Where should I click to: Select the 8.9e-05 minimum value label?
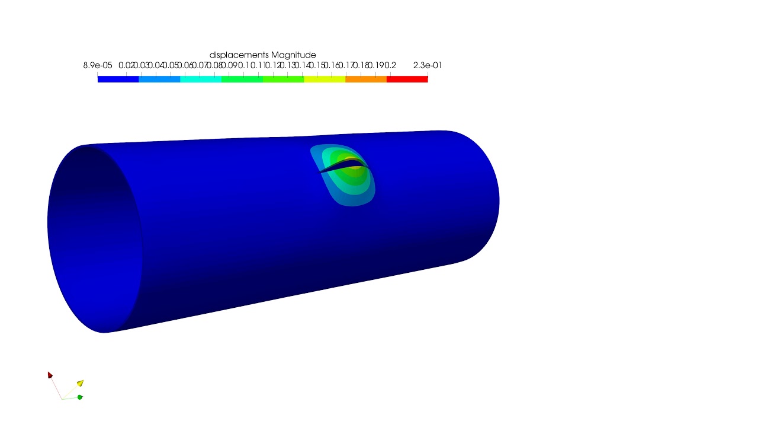[x=98, y=65]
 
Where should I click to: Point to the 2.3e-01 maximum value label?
[x=427, y=65]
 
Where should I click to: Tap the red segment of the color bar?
[x=407, y=79]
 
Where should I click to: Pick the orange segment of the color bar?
[x=365, y=79]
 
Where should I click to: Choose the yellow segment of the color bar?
[x=325, y=79]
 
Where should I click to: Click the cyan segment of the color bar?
[x=200, y=79]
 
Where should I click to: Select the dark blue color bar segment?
[x=118, y=79]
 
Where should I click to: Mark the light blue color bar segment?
[x=159, y=79]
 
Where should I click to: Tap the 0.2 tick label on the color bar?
[x=390, y=65]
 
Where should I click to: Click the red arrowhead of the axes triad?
[x=50, y=375]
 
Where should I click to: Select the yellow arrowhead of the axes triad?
[x=80, y=383]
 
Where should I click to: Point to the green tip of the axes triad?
[x=80, y=397]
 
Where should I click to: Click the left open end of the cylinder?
[x=95, y=237]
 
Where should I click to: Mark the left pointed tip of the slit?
[x=320, y=173]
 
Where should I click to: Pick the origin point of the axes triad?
[x=62, y=399]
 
